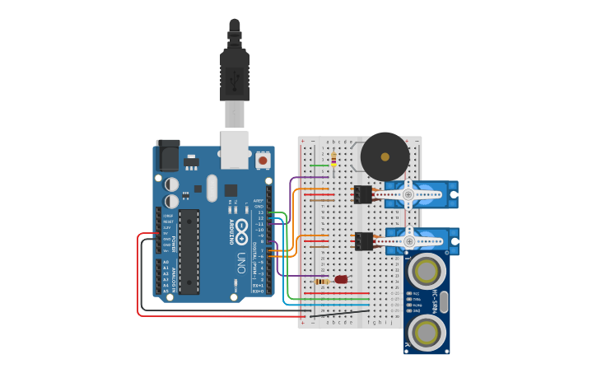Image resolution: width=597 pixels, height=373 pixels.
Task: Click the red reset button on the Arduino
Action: click(x=263, y=161)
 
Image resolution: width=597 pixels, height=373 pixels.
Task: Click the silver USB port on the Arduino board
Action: click(x=235, y=142)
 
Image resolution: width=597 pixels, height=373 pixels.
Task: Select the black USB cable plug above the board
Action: click(x=235, y=74)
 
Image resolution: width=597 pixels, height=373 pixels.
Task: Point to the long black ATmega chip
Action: click(x=189, y=251)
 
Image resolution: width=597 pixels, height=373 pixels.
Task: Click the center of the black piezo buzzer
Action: click(x=385, y=156)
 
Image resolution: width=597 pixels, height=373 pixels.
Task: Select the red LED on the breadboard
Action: click(x=341, y=279)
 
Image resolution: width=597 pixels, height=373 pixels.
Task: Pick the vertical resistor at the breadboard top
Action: click(x=333, y=158)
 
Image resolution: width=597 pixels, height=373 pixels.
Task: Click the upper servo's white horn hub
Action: click(x=407, y=194)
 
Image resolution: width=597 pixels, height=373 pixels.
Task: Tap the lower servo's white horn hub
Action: click(x=407, y=240)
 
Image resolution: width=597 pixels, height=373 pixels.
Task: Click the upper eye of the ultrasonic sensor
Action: click(x=427, y=270)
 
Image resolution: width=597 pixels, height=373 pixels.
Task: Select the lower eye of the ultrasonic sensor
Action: click(x=427, y=333)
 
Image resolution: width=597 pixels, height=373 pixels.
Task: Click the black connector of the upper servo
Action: click(x=362, y=194)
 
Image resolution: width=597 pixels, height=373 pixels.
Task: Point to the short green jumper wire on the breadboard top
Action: click(x=319, y=166)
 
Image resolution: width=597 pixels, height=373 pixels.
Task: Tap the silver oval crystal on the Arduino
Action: click(x=212, y=188)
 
